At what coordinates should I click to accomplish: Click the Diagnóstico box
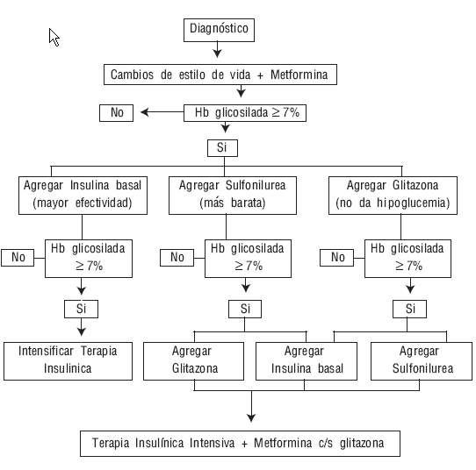(219, 30)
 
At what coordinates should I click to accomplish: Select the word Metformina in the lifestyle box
(299, 75)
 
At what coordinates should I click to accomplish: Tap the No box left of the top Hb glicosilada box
(116, 113)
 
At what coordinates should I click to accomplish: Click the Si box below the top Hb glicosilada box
(222, 148)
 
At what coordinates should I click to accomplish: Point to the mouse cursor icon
(54, 38)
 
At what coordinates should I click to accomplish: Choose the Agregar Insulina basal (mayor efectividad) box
(83, 196)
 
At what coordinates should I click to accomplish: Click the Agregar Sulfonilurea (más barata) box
(233, 196)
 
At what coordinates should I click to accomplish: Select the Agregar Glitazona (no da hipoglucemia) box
(393, 196)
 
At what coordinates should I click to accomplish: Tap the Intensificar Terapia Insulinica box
(68, 361)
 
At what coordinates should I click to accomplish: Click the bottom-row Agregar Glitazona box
(194, 361)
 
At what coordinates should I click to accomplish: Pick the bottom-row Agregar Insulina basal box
(307, 361)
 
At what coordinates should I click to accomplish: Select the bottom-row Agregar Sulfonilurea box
(422, 361)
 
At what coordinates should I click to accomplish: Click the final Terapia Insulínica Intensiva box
(240, 444)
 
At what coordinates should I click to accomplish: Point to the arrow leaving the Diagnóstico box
(217, 49)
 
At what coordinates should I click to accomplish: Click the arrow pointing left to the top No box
(162, 112)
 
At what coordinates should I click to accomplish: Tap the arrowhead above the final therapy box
(251, 418)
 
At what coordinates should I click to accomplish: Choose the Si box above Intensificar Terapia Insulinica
(81, 309)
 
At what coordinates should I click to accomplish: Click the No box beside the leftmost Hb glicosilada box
(18, 258)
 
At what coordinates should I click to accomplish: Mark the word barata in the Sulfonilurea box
(249, 203)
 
